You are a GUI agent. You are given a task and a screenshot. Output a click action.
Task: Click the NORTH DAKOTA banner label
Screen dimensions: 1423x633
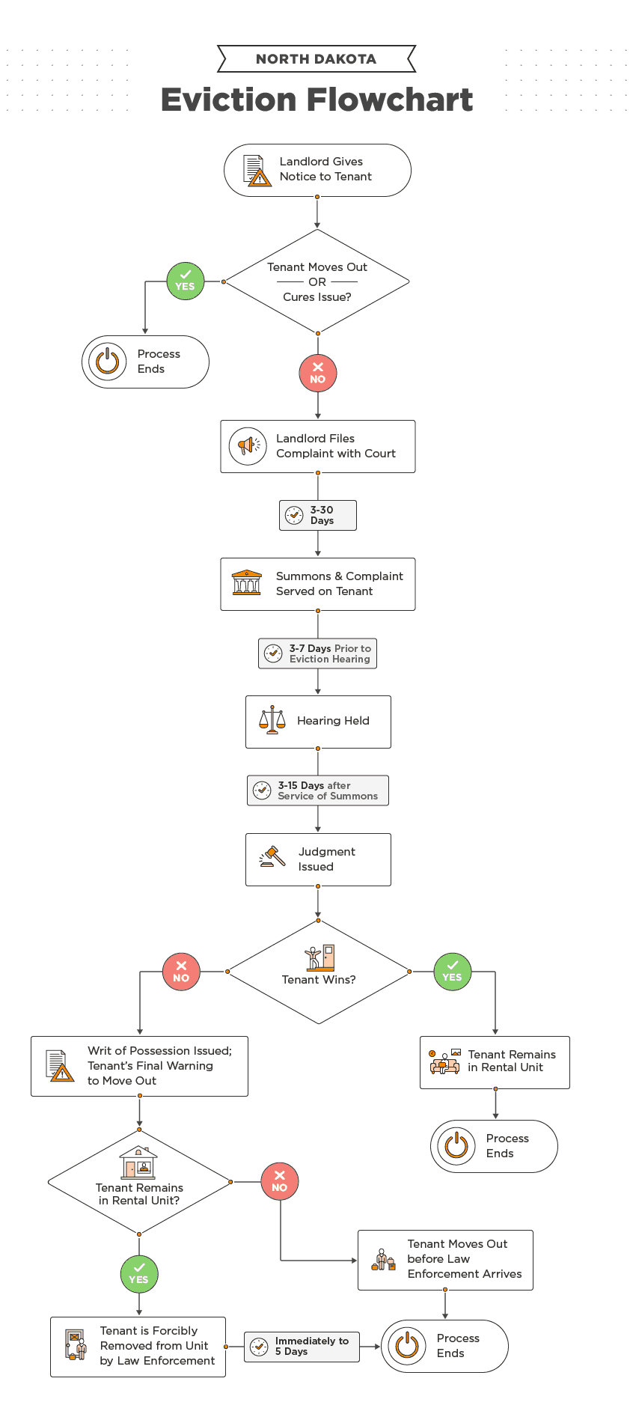pyautogui.click(x=316, y=59)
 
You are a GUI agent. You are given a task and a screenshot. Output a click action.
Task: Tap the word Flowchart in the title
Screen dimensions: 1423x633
pyautogui.click(x=390, y=100)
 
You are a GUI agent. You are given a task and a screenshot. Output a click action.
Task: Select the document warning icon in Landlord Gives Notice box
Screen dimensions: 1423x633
pyautogui.click(x=257, y=171)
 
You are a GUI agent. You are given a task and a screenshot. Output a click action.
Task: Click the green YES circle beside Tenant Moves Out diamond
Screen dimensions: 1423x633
pyautogui.click(x=185, y=281)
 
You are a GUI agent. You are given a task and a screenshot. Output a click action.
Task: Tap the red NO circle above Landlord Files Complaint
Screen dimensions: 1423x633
pyautogui.click(x=317, y=374)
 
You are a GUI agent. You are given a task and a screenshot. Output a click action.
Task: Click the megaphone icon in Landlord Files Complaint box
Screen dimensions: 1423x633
pyautogui.click(x=248, y=446)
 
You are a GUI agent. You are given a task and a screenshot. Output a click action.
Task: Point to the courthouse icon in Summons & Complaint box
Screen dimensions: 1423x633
pyautogui.click(x=246, y=583)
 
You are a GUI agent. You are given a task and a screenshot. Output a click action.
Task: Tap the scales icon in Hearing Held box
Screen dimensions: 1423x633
pyautogui.click(x=272, y=720)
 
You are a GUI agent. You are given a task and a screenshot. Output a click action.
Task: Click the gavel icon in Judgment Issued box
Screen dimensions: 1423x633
pyautogui.click(x=272, y=857)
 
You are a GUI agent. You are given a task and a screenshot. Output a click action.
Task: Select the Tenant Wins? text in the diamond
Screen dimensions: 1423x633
pyautogui.click(x=318, y=979)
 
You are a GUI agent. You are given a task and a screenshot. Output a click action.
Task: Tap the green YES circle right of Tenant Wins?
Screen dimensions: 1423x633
pyautogui.click(x=452, y=972)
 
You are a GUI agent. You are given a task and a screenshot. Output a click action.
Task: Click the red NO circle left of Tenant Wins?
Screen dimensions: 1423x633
pyautogui.click(x=181, y=972)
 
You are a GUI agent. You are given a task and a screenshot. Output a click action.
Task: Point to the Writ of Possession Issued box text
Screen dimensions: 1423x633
pyautogui.click(x=159, y=1065)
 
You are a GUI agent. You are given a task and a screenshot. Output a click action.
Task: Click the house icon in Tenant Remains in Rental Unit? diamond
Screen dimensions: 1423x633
pyautogui.click(x=138, y=1163)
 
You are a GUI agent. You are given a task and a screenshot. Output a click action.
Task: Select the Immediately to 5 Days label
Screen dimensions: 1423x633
pyautogui.click(x=311, y=1346)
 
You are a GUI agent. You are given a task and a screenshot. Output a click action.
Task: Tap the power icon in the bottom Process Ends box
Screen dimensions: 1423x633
pyautogui.click(x=407, y=1345)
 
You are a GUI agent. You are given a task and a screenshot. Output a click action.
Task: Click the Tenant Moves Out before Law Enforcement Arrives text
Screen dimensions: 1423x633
pyautogui.click(x=464, y=1258)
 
